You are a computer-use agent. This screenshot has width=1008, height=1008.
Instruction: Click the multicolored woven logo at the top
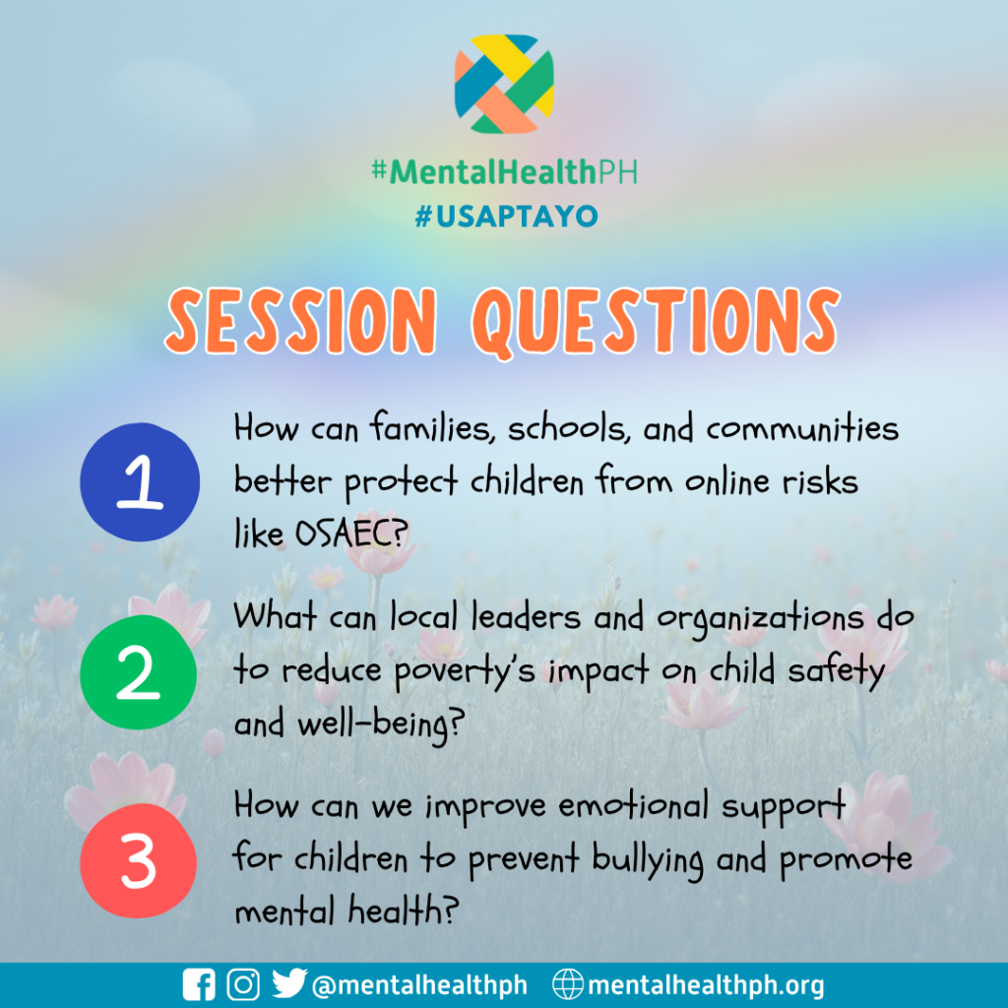[504, 84]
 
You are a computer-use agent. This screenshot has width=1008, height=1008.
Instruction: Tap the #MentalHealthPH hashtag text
[505, 171]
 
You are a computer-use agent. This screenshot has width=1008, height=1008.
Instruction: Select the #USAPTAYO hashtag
[507, 216]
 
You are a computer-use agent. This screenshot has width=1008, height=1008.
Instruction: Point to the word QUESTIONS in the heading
[656, 322]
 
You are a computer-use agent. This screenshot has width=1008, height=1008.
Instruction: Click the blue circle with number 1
[140, 481]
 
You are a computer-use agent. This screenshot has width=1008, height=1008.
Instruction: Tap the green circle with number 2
[138, 671]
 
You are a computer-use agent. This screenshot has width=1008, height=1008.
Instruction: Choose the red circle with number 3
[138, 860]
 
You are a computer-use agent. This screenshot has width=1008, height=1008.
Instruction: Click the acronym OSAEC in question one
[351, 533]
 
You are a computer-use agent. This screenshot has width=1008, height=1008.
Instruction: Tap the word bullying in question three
[648, 861]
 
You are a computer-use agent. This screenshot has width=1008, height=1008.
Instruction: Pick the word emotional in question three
[633, 805]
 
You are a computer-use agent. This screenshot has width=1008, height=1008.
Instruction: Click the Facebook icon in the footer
[199, 984]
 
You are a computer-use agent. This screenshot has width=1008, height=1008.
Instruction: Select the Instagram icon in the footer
[244, 984]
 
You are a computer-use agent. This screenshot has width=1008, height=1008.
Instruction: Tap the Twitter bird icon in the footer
[288, 984]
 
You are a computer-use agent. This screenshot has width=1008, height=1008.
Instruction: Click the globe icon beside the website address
[568, 984]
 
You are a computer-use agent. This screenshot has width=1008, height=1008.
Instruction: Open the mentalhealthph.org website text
[706, 985]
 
